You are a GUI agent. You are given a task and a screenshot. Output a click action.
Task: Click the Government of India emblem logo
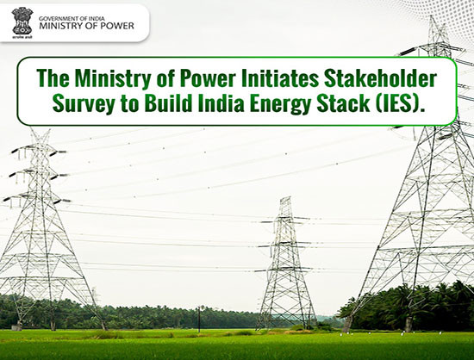[x=22, y=21]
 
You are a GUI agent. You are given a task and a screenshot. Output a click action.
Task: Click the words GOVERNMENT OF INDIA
[x=72, y=19]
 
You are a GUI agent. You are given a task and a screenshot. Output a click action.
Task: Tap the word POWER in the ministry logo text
[x=116, y=26]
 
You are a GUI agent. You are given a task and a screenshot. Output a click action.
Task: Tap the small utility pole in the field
[x=199, y=319]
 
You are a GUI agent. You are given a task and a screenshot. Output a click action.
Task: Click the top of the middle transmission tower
[x=285, y=199]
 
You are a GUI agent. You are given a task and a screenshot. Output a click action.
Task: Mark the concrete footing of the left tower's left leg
[x=16, y=327]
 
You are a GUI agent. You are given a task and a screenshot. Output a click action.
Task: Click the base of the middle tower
[x=285, y=326]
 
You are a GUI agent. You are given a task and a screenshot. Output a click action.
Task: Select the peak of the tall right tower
[x=433, y=17]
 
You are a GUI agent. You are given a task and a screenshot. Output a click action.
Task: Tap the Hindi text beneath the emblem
[x=22, y=37]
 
